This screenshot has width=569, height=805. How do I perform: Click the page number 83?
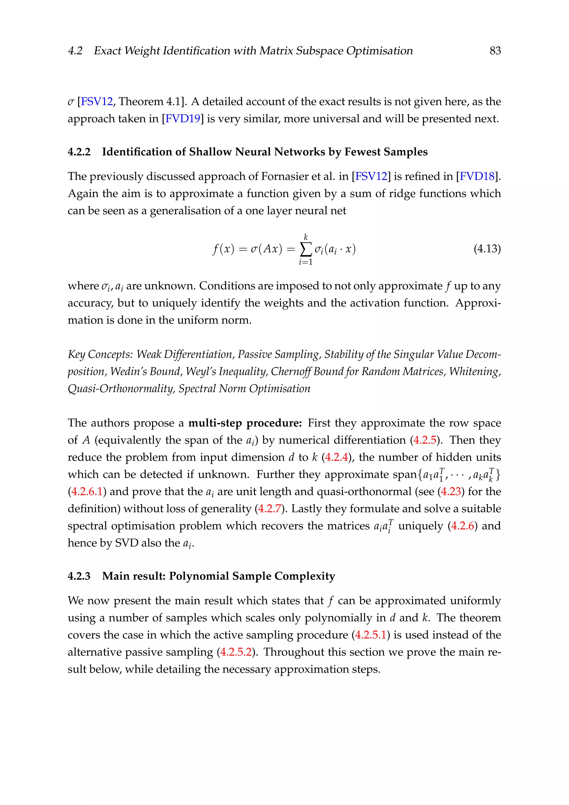coord(495,51)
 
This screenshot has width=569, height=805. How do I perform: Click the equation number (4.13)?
coord(487,249)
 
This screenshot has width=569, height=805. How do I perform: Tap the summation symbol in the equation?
coord(306,250)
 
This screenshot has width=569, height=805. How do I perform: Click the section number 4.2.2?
coord(79,152)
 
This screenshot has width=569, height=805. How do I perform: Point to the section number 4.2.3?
coord(79,576)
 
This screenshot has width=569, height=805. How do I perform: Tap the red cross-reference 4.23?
coord(451,491)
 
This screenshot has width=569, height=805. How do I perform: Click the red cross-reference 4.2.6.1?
coord(87,491)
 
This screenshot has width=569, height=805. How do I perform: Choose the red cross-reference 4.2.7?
coord(269,509)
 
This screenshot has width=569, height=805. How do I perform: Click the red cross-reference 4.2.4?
coord(336,457)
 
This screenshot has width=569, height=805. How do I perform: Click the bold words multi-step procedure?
coord(245,423)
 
